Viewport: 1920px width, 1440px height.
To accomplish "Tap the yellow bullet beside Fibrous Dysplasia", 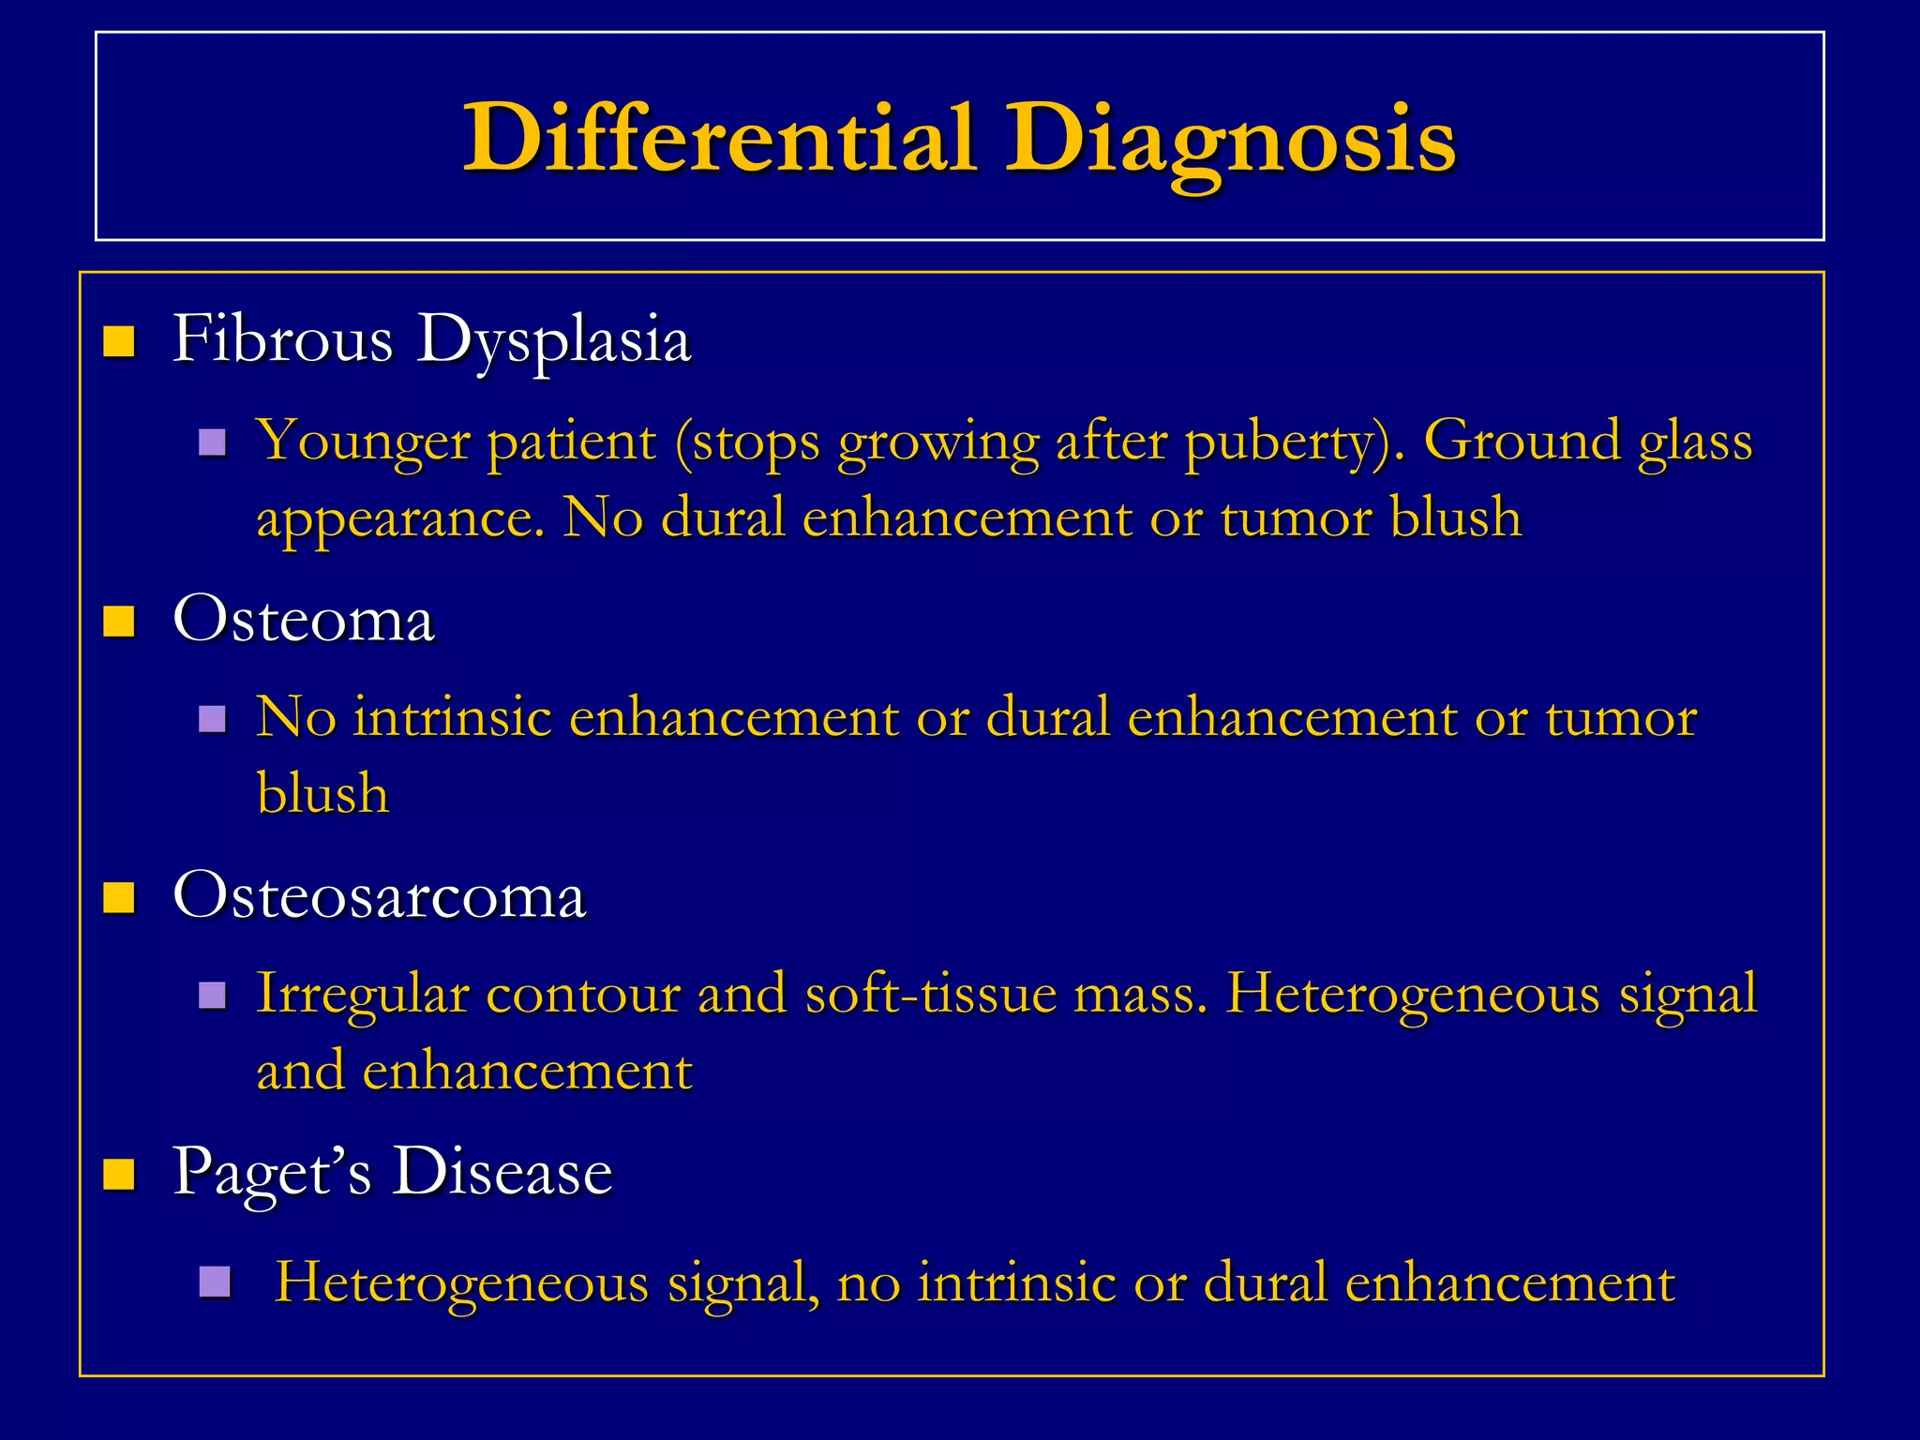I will [x=119, y=341].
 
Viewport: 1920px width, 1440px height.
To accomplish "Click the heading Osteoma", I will [x=304, y=620].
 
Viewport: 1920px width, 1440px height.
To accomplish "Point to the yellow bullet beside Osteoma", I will [x=119, y=621].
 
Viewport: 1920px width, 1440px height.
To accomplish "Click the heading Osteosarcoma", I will [x=380, y=895].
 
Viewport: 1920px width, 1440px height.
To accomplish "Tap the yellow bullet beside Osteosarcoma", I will [x=119, y=897].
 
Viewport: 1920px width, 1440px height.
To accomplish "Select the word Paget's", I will [x=272, y=1172].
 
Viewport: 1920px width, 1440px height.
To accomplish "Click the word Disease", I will [x=502, y=1172].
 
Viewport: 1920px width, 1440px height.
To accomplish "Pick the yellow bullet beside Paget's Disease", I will [x=119, y=1173].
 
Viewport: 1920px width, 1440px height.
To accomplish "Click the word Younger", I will [x=363, y=441].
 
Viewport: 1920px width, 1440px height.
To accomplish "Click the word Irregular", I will [x=362, y=994].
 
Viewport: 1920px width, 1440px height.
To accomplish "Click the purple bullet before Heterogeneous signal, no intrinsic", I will [x=215, y=1282].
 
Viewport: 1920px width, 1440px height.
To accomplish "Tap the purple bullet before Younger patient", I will [x=213, y=442].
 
